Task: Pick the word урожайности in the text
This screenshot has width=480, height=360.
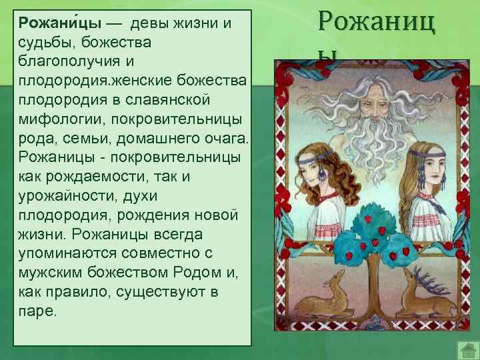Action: (x=70, y=197)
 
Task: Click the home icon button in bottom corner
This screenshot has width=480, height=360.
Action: (x=467, y=349)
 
